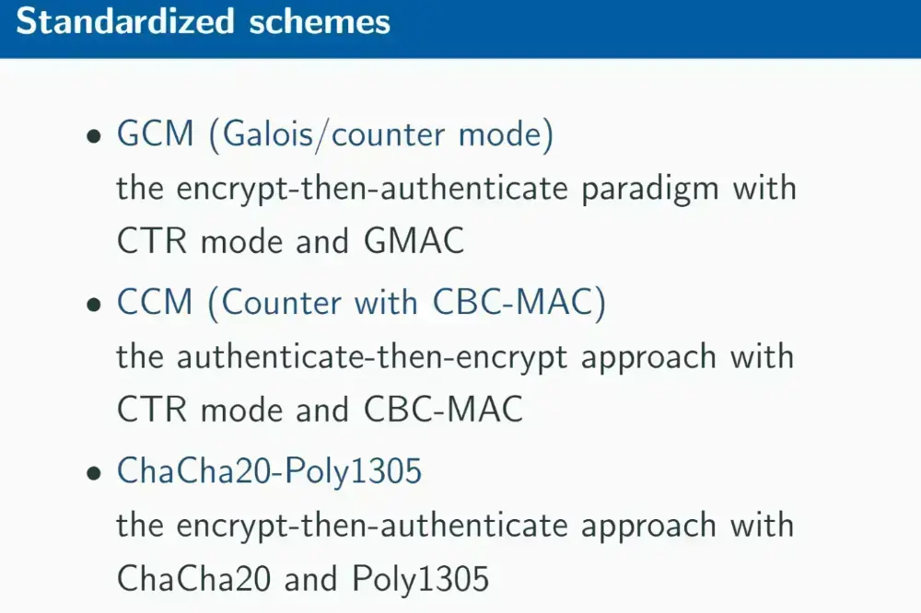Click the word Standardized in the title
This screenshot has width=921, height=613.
pyautogui.click(x=125, y=22)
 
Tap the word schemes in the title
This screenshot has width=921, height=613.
pyautogui.click(x=320, y=22)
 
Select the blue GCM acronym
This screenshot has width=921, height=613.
pyautogui.click(x=155, y=133)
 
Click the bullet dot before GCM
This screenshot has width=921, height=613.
pyautogui.click(x=94, y=137)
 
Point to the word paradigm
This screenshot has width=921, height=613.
pyautogui.click(x=650, y=190)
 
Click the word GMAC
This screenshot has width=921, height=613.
pyautogui.click(x=414, y=241)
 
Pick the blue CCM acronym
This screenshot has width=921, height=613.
pyautogui.click(x=155, y=302)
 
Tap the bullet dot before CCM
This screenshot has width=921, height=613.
pyautogui.click(x=94, y=306)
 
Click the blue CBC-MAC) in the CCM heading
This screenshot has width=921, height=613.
pyautogui.click(x=519, y=303)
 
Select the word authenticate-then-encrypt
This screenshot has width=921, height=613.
pyautogui.click(x=372, y=357)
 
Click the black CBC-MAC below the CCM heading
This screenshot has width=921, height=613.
pyautogui.click(x=444, y=410)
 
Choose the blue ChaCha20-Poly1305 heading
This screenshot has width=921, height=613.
pyautogui.click(x=270, y=470)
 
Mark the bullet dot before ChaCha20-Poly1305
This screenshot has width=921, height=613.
pyautogui.click(x=94, y=473)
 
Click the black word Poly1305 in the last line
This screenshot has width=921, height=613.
pyautogui.click(x=421, y=578)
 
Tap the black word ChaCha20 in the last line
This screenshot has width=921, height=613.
pyautogui.click(x=193, y=578)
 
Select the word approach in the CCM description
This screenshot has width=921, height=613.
pyautogui.click(x=649, y=357)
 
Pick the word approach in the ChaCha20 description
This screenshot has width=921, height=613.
pyautogui.click(x=649, y=526)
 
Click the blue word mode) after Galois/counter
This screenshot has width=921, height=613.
pyautogui.click(x=506, y=134)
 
